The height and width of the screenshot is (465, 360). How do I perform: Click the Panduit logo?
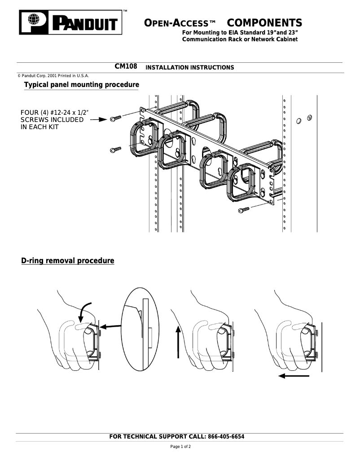click(70, 22)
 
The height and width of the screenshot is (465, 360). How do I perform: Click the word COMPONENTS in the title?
click(264, 23)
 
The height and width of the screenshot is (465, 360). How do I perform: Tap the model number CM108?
click(126, 67)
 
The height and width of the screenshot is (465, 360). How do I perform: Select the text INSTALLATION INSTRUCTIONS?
click(190, 68)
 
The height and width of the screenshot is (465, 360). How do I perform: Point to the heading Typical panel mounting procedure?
click(81, 85)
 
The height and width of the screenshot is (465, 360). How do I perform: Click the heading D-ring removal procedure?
click(68, 261)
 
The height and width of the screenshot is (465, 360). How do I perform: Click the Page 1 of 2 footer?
click(180, 447)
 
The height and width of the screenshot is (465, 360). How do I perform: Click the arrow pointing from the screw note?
click(99, 120)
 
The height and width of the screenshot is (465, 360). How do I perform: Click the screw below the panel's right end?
click(244, 209)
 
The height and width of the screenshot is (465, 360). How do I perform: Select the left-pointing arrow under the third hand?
click(294, 376)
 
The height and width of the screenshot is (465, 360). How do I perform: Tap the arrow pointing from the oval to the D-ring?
click(110, 327)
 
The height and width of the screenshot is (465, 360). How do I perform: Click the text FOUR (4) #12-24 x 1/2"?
click(53, 113)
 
